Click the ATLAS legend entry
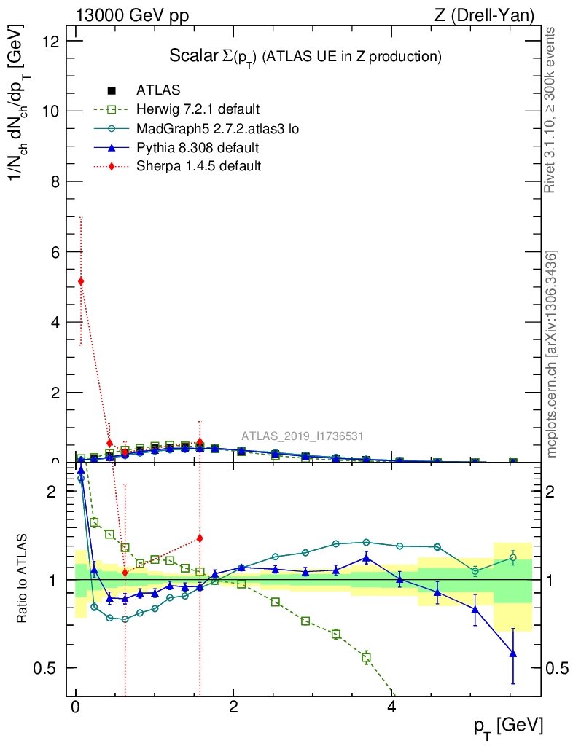click(x=157, y=90)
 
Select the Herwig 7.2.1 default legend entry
click(x=198, y=110)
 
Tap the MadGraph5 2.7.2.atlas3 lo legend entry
click(x=217, y=129)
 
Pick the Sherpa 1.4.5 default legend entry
click(x=198, y=166)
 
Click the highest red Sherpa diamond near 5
click(x=81, y=281)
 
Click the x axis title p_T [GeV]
click(x=507, y=726)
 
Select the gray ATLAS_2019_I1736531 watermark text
click(x=303, y=436)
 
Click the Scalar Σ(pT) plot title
click(x=305, y=56)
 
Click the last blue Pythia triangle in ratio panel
click(x=513, y=653)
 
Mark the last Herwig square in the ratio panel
click(x=366, y=657)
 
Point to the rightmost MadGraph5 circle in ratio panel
click(x=513, y=558)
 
